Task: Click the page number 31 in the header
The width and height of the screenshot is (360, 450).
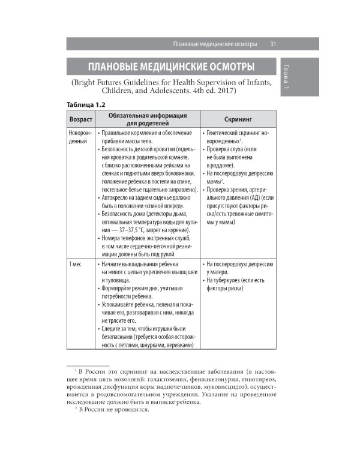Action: pos(272,44)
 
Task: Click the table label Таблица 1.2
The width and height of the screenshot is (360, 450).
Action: pos(90,104)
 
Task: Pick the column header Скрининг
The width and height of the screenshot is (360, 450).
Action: pos(238,119)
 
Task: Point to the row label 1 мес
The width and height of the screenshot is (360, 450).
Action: pos(76,263)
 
